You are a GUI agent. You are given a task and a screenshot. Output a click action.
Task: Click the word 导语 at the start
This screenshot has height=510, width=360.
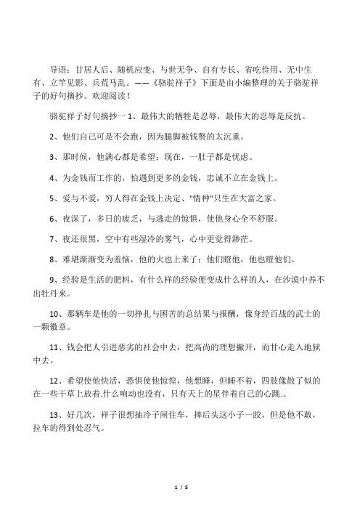[x=58, y=70]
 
